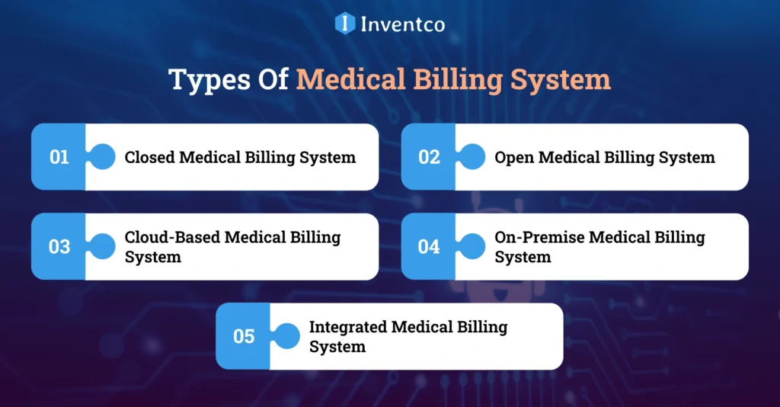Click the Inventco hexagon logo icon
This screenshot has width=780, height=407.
click(345, 23)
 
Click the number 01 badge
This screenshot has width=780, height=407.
click(59, 158)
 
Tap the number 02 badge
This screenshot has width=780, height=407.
click(429, 158)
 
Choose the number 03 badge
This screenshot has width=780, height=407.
click(59, 247)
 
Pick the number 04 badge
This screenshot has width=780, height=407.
click(429, 247)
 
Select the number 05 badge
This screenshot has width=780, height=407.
click(244, 336)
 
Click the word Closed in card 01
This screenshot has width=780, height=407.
click(150, 158)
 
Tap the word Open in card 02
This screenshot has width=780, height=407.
click(514, 158)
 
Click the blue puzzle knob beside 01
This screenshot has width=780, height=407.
click(102, 157)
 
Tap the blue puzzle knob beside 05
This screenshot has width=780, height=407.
click(286, 336)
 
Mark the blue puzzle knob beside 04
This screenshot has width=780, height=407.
click(472, 246)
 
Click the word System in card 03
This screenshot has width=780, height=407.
click(152, 257)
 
